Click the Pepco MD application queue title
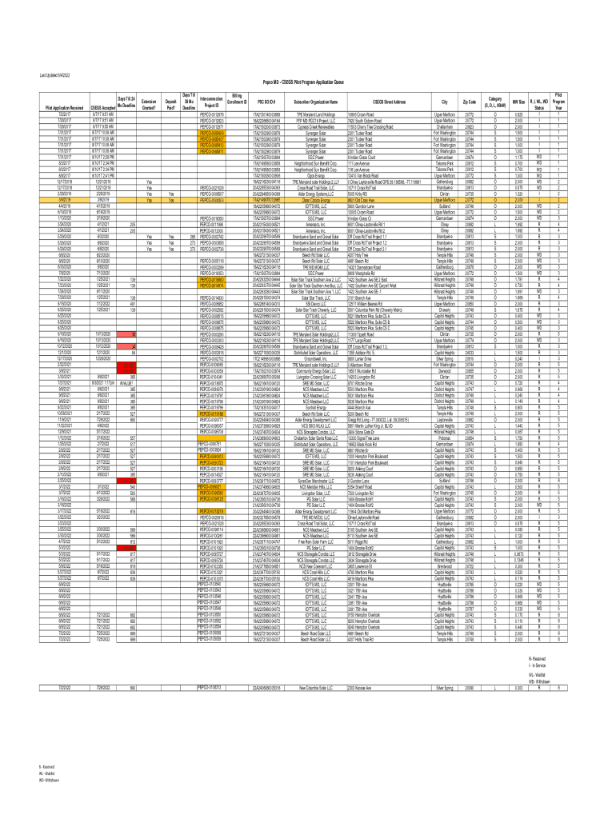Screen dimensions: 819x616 (x=308, y=82)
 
